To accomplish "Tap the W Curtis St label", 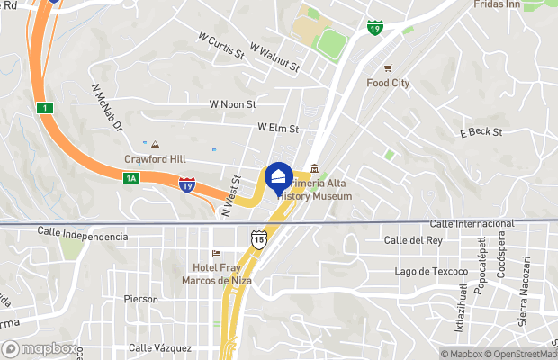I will click(x=220, y=44).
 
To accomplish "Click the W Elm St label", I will click(x=277, y=129).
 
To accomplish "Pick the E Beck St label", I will click(x=481, y=132).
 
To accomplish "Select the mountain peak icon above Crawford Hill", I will click(x=155, y=144).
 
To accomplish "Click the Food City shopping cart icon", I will click(x=388, y=68).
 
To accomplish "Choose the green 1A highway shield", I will click(x=130, y=178).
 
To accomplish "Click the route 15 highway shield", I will click(x=258, y=238).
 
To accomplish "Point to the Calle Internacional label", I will click(x=472, y=223).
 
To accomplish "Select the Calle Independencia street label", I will click(x=83, y=236).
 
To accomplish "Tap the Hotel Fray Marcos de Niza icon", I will click(x=215, y=253).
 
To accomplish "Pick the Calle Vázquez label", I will click(x=159, y=347).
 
